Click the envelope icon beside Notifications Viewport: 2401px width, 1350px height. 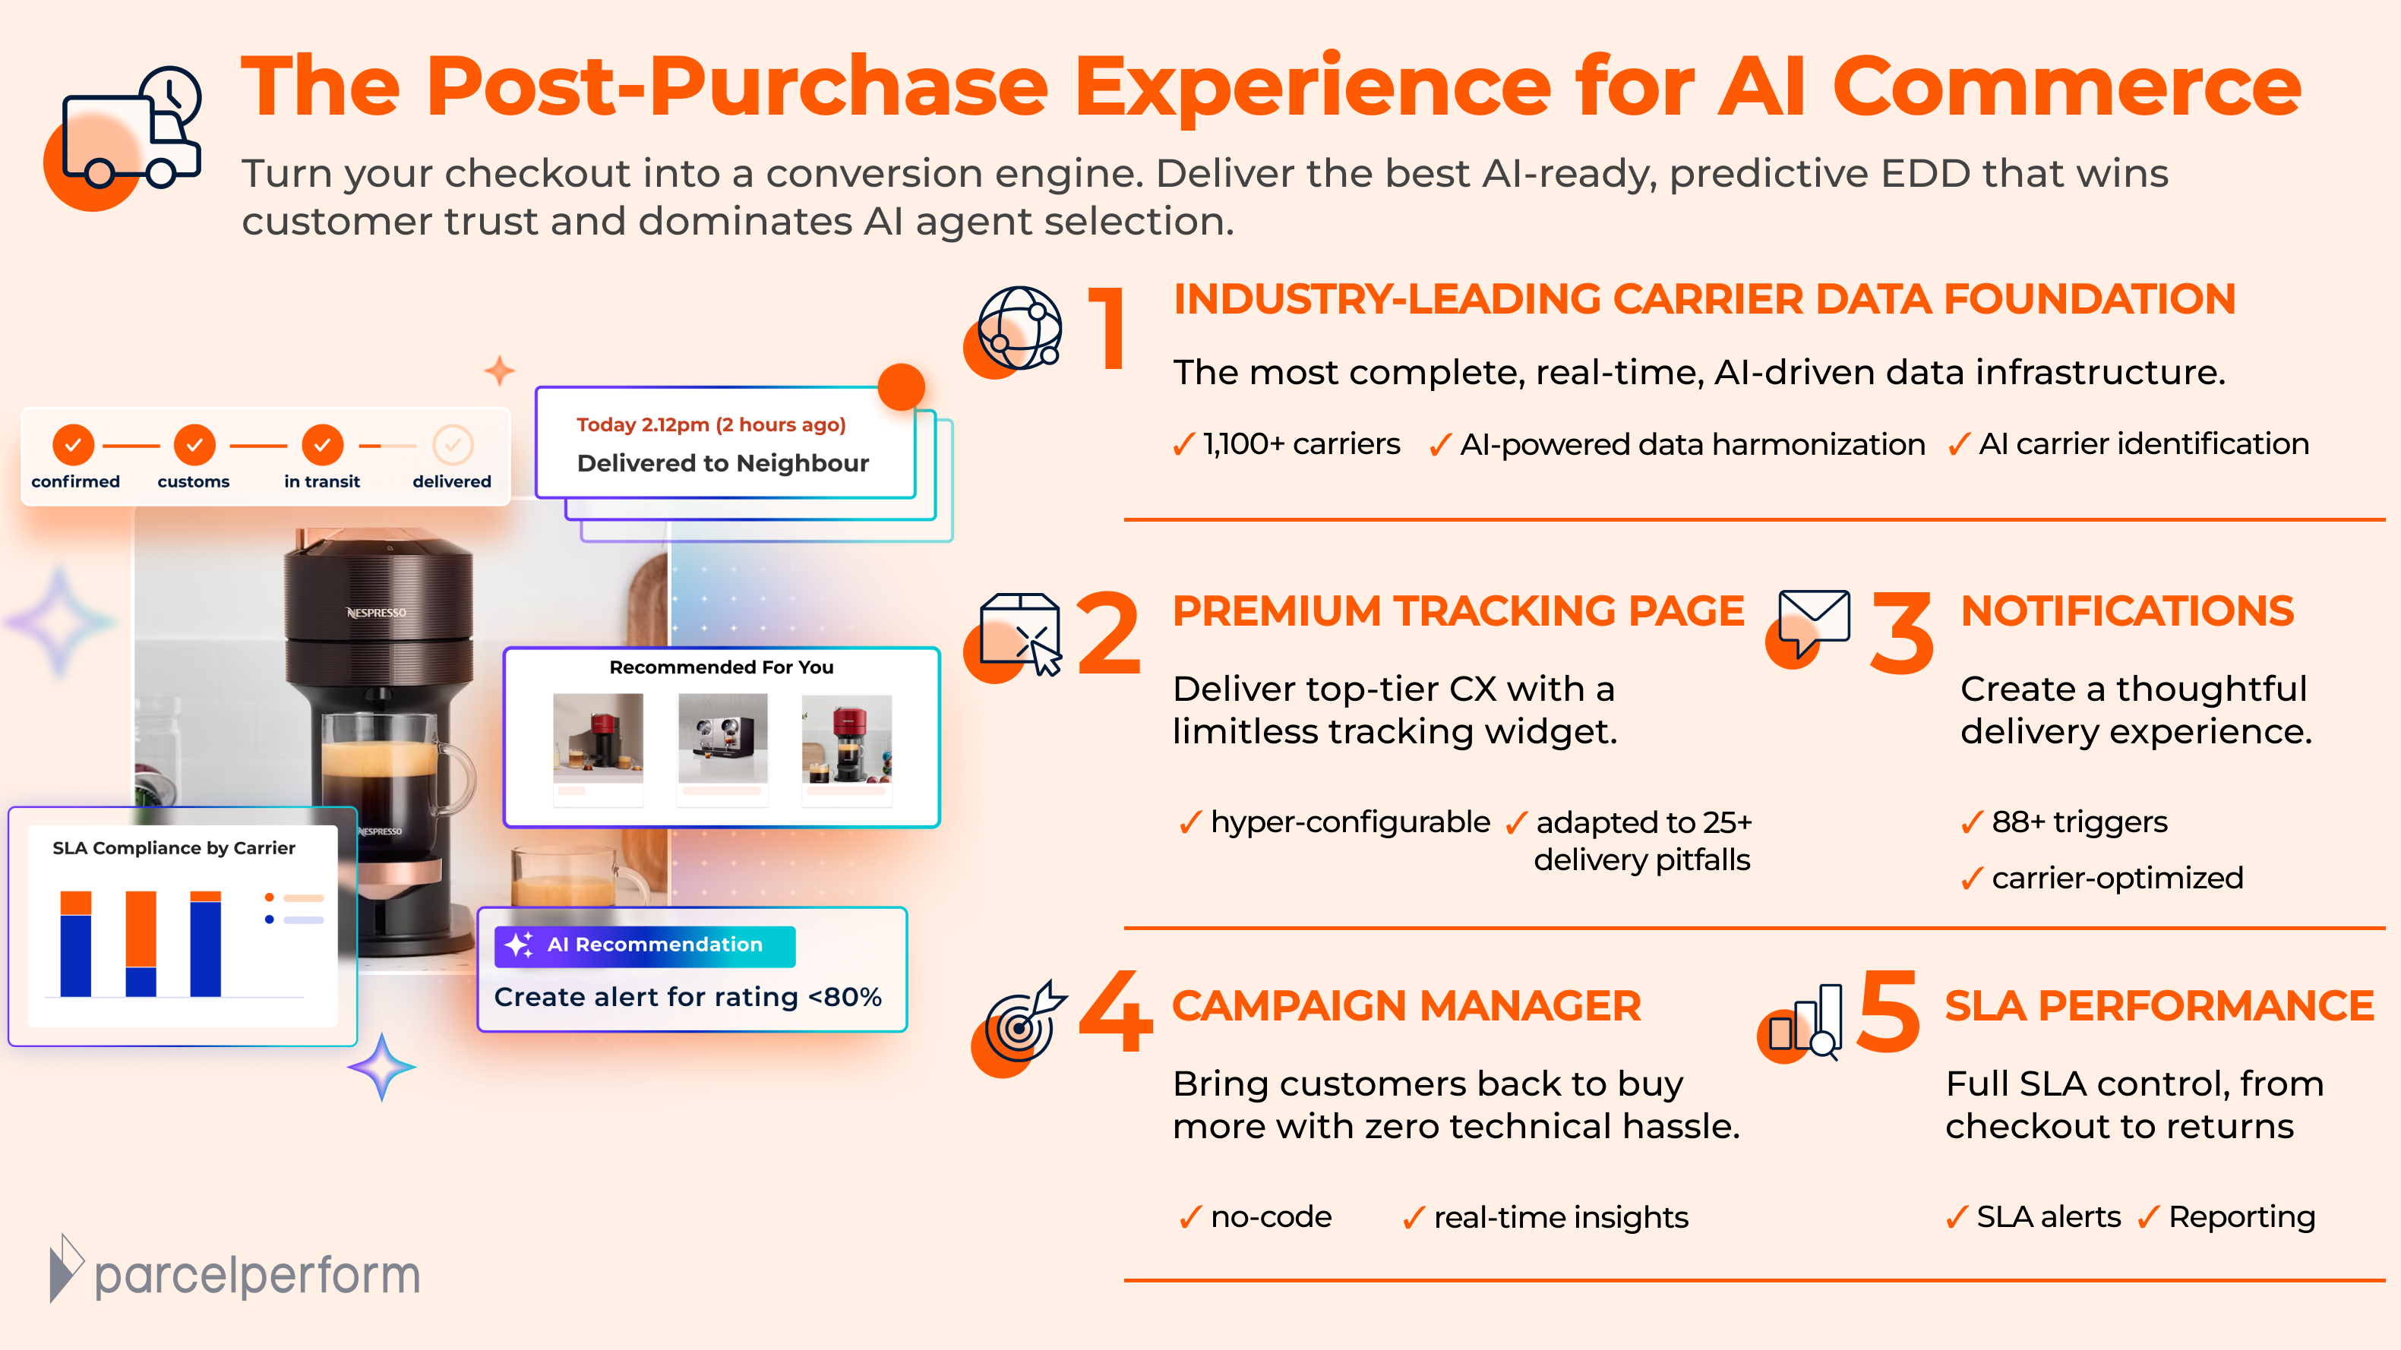point(1813,619)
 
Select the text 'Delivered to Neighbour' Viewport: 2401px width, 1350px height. point(722,463)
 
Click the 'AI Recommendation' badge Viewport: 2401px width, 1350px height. point(645,945)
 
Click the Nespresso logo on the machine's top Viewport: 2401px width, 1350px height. point(377,612)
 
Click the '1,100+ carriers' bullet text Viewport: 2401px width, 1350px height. point(1300,444)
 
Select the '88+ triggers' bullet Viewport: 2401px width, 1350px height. point(2078,822)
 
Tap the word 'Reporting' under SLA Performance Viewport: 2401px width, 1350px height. point(2241,1217)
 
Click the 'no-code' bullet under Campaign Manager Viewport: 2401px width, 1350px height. point(1271,1217)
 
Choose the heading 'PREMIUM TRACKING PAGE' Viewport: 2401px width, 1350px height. point(1458,611)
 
